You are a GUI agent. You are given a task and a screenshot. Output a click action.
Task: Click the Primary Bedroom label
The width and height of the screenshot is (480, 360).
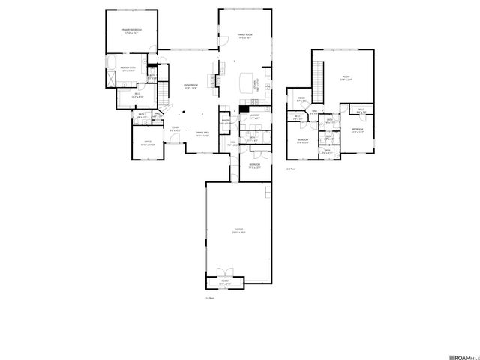pos(132,31)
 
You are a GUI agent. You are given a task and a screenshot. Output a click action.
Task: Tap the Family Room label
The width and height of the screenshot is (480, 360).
pos(245,35)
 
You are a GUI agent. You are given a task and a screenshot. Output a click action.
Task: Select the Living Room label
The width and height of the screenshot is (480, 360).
pos(191,86)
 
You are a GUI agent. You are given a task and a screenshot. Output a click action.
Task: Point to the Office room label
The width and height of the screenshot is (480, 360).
pos(148,143)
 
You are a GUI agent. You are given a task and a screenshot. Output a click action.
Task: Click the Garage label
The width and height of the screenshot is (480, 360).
pos(238,232)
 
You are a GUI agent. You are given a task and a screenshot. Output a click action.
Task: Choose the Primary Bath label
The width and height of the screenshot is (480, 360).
pos(128,69)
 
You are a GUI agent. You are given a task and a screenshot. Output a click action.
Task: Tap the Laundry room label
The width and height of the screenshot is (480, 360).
pos(254,116)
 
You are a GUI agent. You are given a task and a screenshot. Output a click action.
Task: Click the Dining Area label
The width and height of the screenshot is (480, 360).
pos(202,134)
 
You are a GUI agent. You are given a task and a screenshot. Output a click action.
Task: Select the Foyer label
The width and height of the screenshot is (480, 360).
pos(174,129)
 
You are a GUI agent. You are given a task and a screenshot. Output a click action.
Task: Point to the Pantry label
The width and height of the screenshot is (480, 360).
pos(225,123)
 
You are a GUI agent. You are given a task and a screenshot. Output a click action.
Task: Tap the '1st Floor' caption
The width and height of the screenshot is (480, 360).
pos(210,298)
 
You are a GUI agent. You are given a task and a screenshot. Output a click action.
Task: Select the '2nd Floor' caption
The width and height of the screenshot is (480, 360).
pos(290,169)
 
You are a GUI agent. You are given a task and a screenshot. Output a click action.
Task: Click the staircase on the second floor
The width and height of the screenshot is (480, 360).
pos(317,76)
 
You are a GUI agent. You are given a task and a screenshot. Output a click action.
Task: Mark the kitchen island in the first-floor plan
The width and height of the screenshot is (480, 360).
pos(247,79)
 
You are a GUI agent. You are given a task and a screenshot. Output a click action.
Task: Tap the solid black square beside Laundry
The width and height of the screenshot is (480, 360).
pos(244,109)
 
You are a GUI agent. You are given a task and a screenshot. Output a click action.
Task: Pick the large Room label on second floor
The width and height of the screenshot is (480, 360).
pos(346,78)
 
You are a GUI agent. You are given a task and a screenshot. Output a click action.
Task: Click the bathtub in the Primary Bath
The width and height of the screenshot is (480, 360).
pos(106,63)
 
